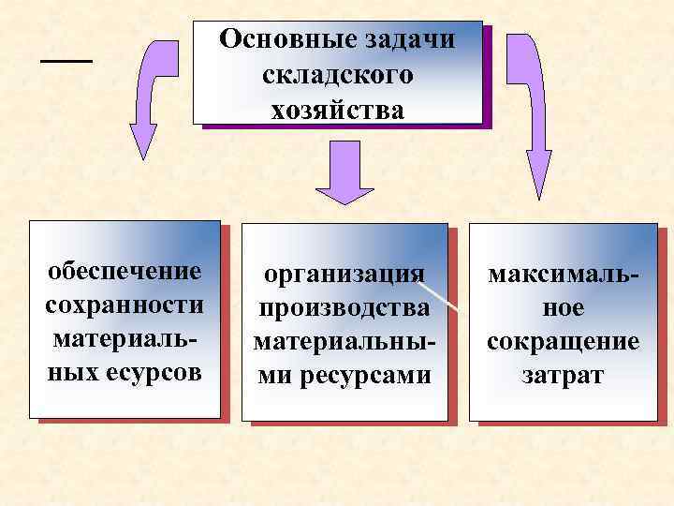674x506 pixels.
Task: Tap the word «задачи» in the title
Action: (x=407, y=40)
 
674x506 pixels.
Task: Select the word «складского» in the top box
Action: (x=338, y=75)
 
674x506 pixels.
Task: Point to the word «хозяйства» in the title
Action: (x=338, y=110)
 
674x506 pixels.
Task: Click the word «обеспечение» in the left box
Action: (x=125, y=271)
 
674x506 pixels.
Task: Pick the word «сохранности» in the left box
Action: (x=125, y=305)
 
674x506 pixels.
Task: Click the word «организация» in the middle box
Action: (x=344, y=274)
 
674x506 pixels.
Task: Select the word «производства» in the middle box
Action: (x=344, y=307)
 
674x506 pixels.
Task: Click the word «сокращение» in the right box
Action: (x=564, y=340)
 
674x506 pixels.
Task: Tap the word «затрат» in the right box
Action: (x=564, y=375)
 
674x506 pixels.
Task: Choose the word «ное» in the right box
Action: (x=564, y=306)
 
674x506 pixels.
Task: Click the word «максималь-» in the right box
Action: (x=564, y=273)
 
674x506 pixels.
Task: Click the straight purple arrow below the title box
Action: (x=344, y=173)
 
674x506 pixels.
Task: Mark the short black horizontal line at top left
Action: (x=67, y=60)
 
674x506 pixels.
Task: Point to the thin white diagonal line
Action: (x=439, y=290)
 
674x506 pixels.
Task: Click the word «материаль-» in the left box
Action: (x=125, y=339)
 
